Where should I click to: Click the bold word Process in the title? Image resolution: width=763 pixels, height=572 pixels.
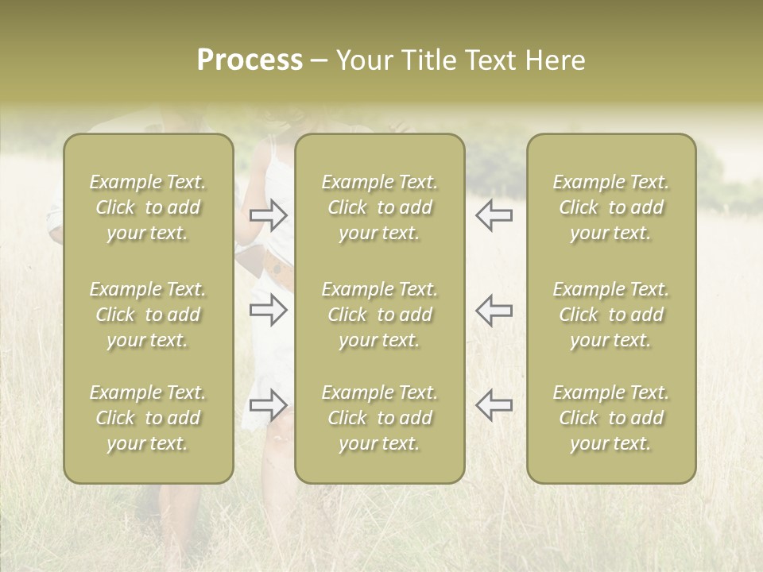[x=250, y=60]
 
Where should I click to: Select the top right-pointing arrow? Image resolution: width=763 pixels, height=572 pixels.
[x=269, y=214]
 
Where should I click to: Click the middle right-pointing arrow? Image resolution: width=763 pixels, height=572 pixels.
[x=269, y=310]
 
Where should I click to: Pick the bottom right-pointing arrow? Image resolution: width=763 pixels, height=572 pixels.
[x=269, y=405]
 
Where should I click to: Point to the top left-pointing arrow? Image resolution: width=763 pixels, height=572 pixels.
[x=494, y=214]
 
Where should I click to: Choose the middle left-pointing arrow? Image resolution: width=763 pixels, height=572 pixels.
[x=494, y=310]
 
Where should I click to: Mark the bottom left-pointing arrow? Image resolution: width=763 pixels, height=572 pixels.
[x=494, y=405]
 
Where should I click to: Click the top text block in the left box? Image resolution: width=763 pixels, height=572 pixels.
[x=148, y=207]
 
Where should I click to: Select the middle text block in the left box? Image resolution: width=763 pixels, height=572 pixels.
[x=148, y=315]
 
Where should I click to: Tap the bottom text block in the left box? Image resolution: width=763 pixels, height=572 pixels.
[x=148, y=418]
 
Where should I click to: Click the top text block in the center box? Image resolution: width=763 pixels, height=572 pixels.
[x=379, y=207]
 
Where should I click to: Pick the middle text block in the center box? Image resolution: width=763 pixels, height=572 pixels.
[x=379, y=315]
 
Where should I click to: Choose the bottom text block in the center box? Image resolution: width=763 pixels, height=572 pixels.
[x=379, y=418]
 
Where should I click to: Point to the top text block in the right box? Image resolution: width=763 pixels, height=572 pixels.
[x=610, y=207]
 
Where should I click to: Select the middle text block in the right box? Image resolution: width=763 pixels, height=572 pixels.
[x=610, y=315]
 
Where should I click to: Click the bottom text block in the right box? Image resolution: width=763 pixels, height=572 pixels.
[x=610, y=418]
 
